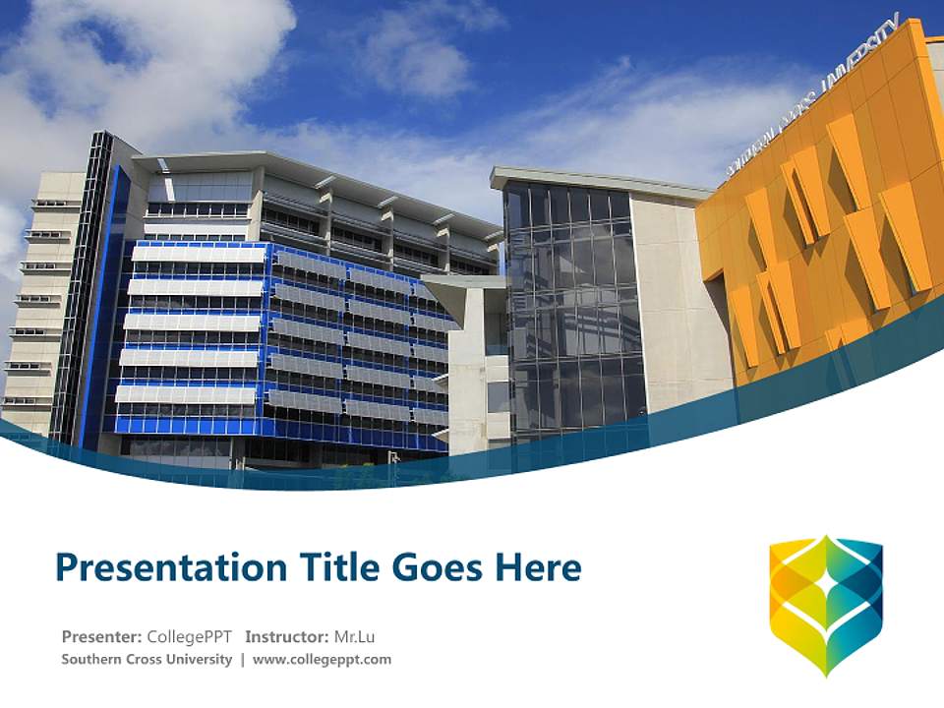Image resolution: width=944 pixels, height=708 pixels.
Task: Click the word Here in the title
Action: [538, 567]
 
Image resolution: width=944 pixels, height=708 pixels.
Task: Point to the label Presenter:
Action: [101, 637]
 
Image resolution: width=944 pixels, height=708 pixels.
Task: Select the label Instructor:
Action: [286, 637]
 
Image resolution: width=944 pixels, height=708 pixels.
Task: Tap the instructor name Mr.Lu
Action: [354, 637]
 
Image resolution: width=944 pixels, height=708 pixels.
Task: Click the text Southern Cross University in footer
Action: [147, 659]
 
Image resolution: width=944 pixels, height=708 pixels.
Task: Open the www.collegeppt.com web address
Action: [322, 660]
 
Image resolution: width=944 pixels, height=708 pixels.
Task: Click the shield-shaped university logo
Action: [826, 606]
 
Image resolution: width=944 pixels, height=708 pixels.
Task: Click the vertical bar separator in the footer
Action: [243, 660]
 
